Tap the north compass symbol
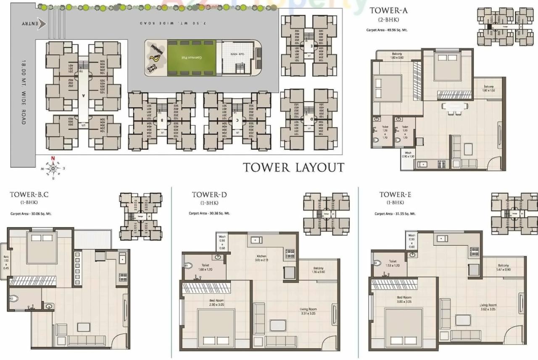(53, 168)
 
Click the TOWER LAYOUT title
(293, 168)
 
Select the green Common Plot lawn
(192, 58)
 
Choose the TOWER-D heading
(206, 194)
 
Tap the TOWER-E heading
(393, 194)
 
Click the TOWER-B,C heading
(29, 194)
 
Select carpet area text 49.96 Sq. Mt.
(387, 30)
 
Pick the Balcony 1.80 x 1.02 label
(489, 88)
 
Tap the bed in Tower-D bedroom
(216, 328)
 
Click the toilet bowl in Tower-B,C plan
(13, 299)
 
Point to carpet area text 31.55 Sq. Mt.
(395, 214)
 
